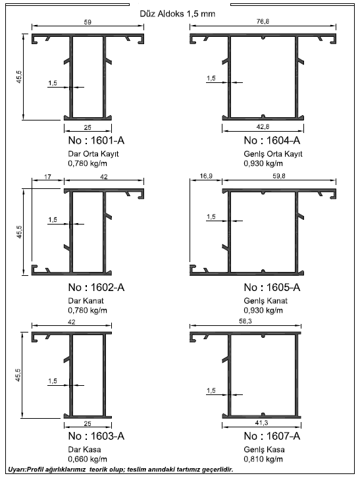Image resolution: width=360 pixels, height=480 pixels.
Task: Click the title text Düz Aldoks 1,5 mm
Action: point(178,14)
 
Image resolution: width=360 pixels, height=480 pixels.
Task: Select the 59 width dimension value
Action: point(88,22)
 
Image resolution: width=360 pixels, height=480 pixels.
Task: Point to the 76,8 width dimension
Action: point(263,22)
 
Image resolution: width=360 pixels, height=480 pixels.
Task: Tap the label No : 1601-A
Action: point(96,140)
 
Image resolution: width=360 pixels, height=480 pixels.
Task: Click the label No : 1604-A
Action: point(272,140)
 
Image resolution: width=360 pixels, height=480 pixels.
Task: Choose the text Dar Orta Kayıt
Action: point(93,153)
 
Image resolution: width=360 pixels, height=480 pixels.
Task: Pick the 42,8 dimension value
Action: point(263,126)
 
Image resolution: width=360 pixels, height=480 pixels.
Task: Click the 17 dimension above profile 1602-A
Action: point(47,176)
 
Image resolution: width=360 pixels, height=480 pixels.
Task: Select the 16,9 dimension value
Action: point(206,176)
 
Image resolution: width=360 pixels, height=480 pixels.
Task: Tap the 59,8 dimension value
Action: point(279,176)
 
